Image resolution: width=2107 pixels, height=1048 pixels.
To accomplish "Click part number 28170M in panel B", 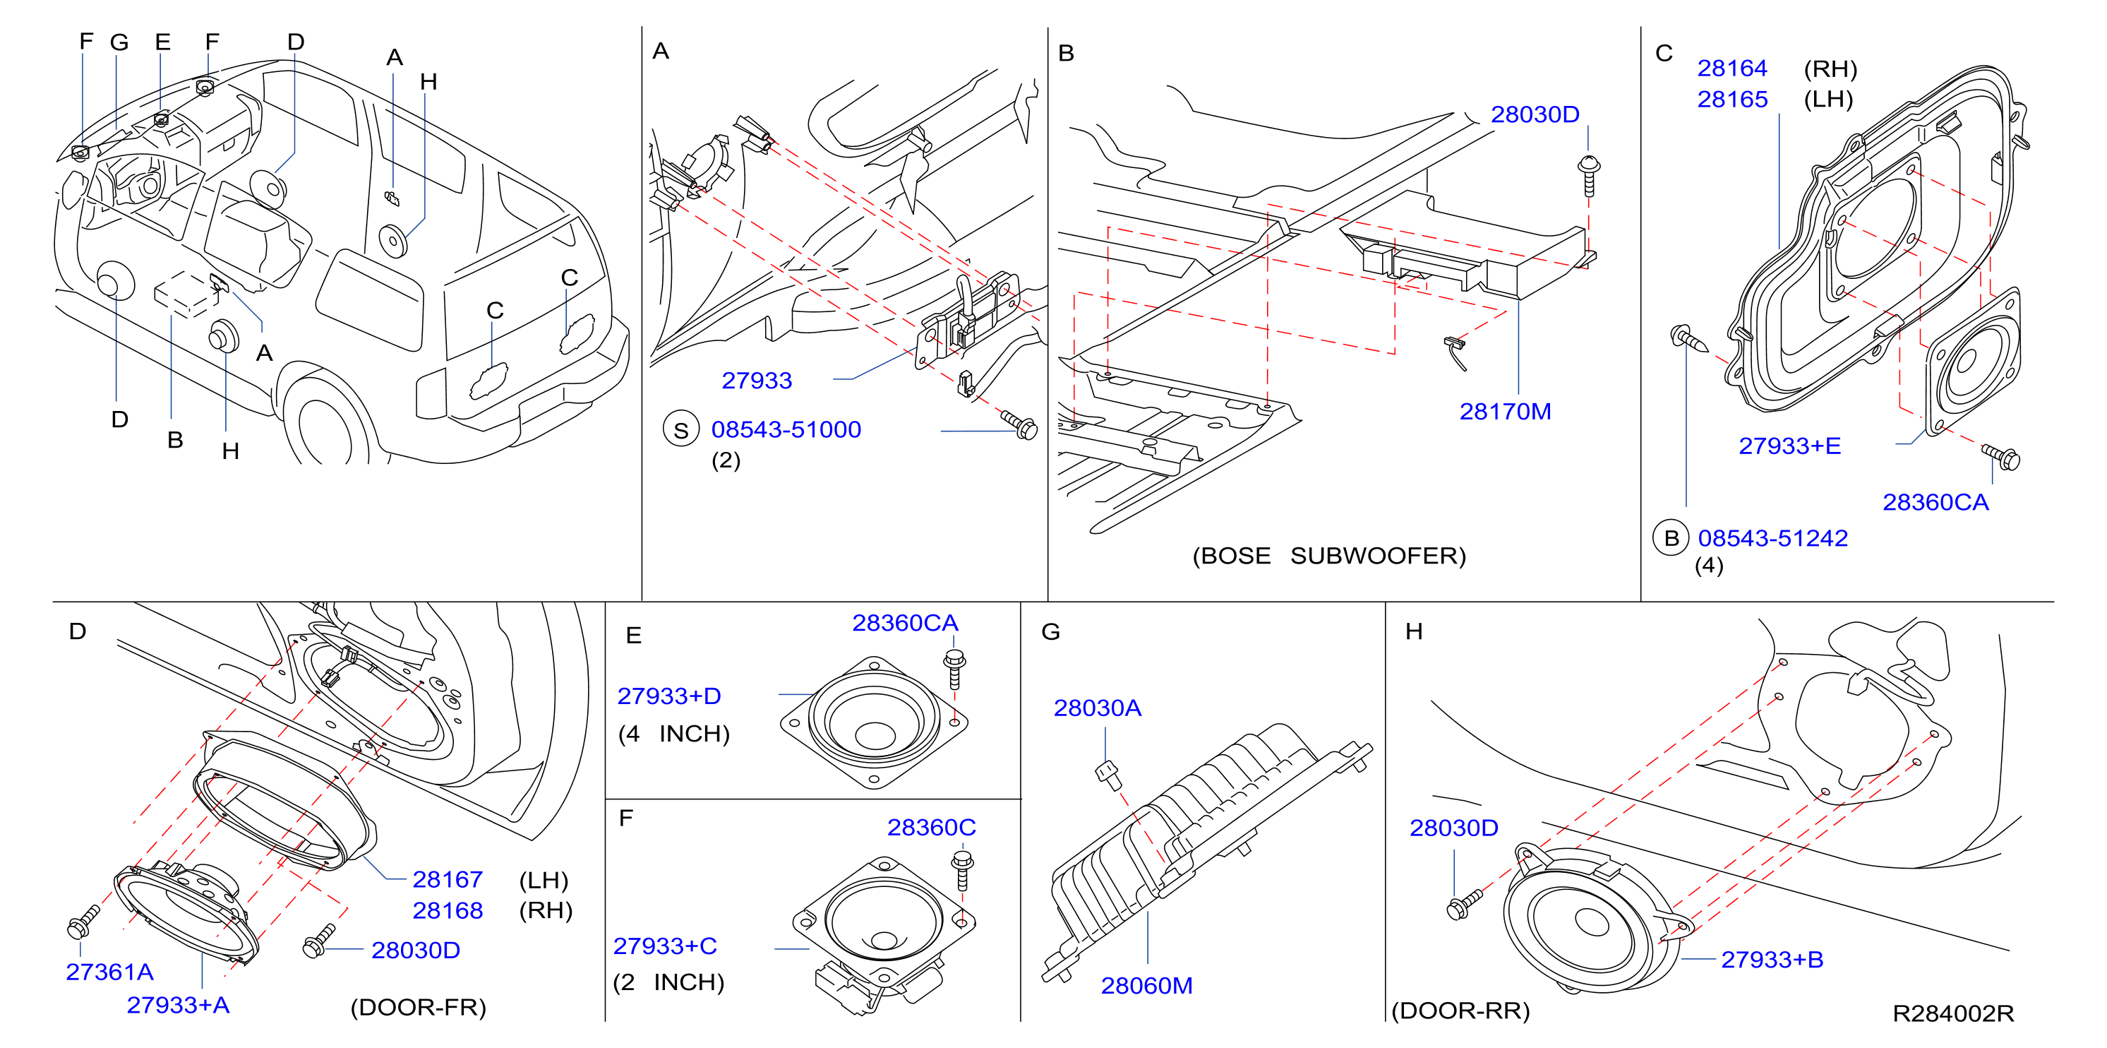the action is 1505,412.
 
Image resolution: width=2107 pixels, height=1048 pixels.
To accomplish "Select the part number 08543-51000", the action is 786,429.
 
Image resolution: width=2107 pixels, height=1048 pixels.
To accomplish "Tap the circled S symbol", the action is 680,430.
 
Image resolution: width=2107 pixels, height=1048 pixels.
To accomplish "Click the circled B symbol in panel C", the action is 1671,538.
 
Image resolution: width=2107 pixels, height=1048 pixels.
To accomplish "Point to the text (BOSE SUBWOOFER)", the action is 1329,556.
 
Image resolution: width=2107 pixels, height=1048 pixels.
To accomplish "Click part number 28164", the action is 1731,68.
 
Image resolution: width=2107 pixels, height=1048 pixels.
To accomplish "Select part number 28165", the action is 1731,99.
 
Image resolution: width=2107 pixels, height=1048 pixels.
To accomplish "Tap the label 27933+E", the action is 1789,446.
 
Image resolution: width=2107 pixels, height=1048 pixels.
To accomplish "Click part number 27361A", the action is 109,972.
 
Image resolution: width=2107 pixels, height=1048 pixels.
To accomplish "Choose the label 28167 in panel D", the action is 448,879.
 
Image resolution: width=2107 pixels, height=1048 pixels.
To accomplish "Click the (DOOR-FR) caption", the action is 418,1007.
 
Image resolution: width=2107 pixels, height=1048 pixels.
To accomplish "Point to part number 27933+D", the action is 668,696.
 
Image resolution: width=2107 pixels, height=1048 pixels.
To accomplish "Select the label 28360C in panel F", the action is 931,827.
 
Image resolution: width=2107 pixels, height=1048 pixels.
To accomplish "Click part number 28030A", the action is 1097,708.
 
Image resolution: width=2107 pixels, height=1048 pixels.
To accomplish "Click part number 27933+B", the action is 1772,960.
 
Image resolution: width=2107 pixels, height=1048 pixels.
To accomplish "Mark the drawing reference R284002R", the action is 1952,1013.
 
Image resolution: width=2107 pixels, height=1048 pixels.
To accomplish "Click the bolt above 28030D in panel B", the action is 1588,175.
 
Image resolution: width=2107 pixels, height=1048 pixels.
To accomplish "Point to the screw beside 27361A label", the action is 83,921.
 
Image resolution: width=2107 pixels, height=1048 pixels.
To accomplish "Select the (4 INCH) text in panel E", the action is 673,734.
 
